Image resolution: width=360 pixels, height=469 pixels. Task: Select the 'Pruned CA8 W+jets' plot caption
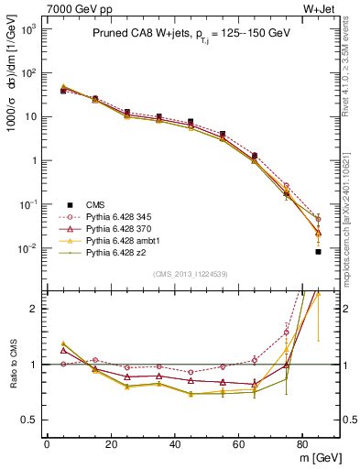pos(191,35)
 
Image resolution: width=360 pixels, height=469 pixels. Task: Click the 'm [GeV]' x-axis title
pos(316,457)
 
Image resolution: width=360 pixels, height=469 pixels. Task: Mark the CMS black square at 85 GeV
pos(318,251)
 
